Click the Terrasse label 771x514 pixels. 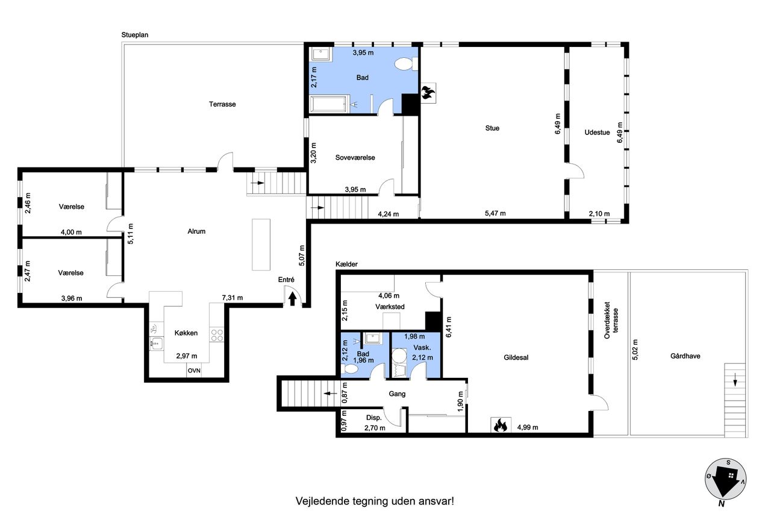click(222, 104)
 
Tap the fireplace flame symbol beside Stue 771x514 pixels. click(428, 93)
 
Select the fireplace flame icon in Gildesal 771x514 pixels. click(501, 425)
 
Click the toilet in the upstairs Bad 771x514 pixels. click(405, 64)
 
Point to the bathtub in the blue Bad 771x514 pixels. click(328, 104)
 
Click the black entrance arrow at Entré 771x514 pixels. click(292, 298)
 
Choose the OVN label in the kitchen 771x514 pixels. click(194, 371)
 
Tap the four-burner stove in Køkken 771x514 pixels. click(216, 335)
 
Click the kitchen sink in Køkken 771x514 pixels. click(156, 343)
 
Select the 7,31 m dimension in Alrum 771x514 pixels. click(233, 298)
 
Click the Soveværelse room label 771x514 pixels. click(355, 158)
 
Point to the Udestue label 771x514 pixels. click(597, 133)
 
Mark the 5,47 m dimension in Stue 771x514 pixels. click(495, 213)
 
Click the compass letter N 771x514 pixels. click(721, 504)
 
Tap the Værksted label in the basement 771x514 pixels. click(390, 307)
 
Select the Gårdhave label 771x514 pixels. click(685, 356)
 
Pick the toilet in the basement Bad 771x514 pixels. click(350, 369)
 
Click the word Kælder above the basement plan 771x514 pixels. click(346, 264)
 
